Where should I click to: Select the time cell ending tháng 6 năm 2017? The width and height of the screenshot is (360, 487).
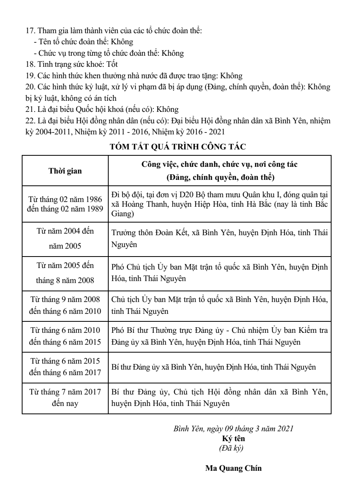tap(65, 367)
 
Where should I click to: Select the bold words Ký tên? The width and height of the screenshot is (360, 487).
tap(233, 438)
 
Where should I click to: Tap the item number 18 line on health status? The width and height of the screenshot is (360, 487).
tap(71, 63)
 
